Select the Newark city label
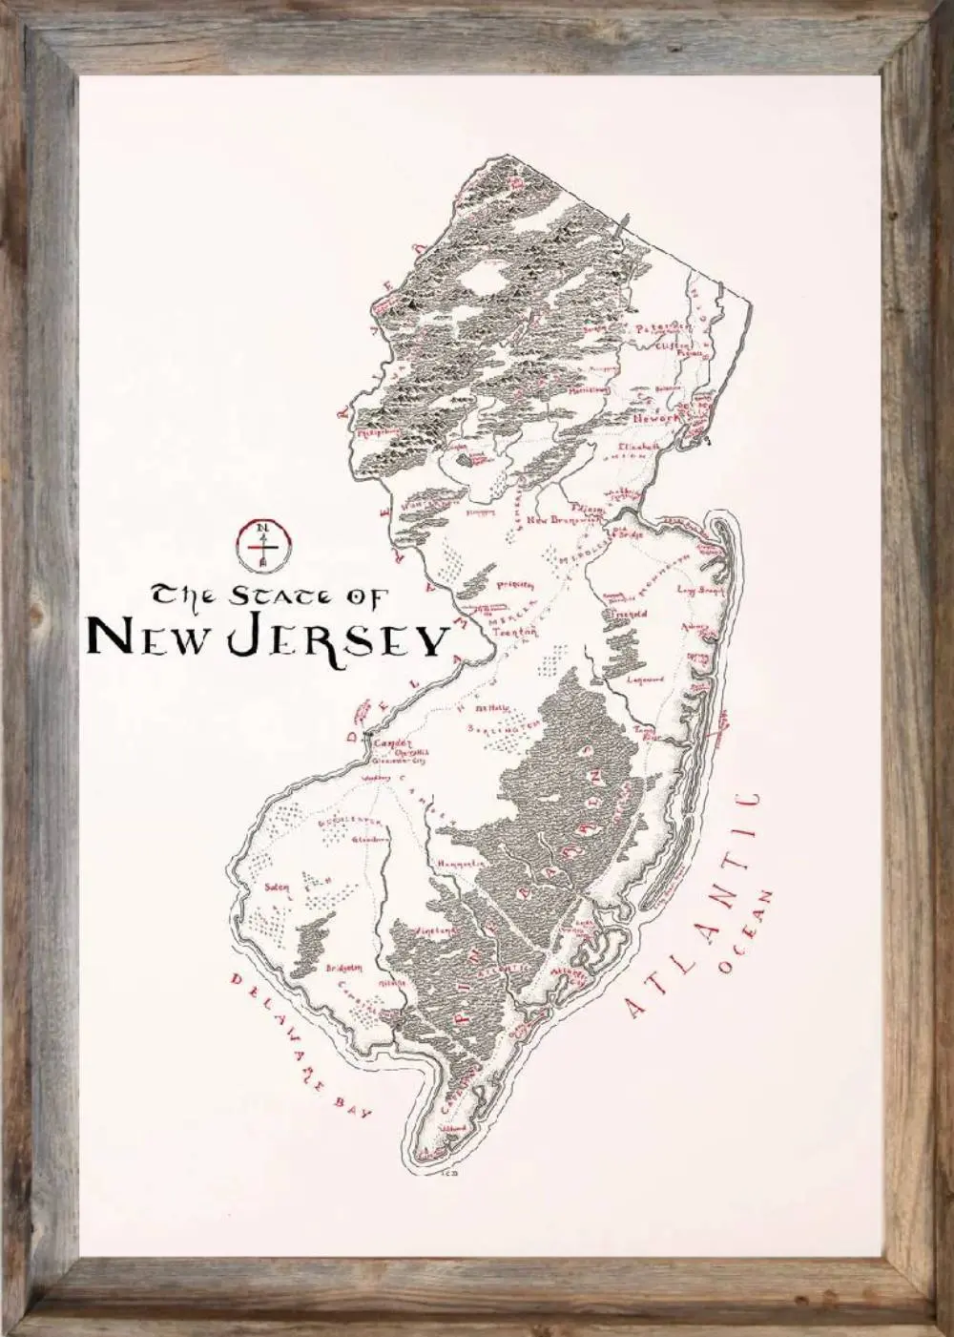coord(655,418)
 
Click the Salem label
coord(277,888)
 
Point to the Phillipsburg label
coord(378,431)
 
